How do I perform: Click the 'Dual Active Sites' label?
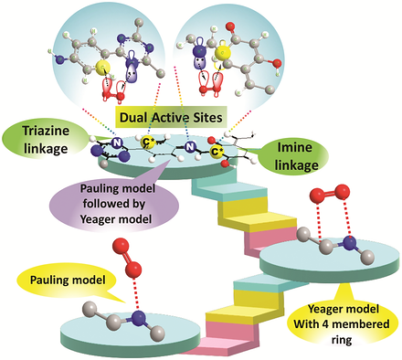click(171, 117)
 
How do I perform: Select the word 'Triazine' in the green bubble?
click(46, 132)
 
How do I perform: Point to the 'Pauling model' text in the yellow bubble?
click(68, 280)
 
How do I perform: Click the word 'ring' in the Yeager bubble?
click(342, 340)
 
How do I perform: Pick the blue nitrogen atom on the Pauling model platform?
click(139, 318)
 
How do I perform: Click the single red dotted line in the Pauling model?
click(136, 294)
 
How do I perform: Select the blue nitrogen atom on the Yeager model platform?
click(349, 245)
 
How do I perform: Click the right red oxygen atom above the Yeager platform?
click(342, 192)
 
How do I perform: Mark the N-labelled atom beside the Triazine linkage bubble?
click(116, 143)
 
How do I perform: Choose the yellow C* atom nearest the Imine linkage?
click(216, 152)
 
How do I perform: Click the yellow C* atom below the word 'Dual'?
click(147, 142)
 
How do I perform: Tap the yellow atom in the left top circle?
click(100, 68)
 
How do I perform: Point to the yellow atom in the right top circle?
click(223, 53)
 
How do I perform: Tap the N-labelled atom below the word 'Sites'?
click(189, 147)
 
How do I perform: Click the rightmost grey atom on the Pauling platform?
click(158, 333)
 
